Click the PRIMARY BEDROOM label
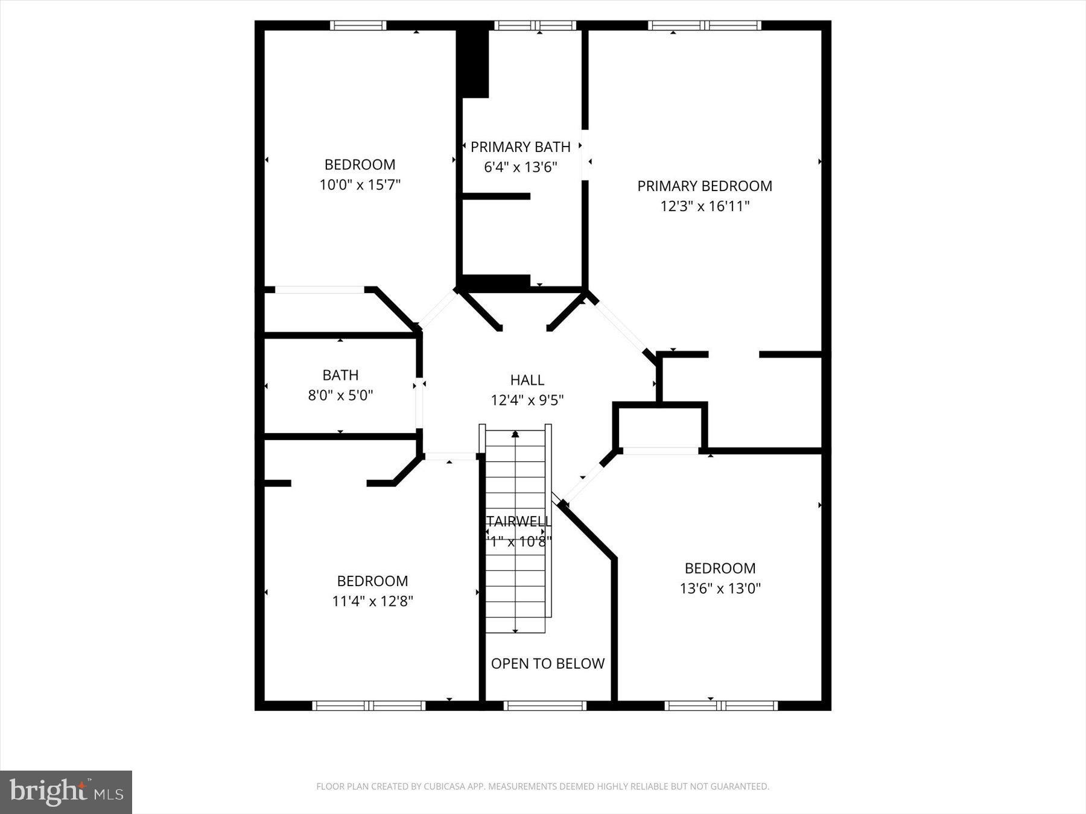tap(704, 186)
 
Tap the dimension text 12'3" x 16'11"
tap(704, 206)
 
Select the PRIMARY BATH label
tap(520, 147)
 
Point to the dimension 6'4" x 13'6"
tap(520, 167)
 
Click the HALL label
tap(527, 380)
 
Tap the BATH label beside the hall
tap(340, 375)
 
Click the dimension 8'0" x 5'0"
tap(340, 396)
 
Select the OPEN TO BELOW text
tap(547, 663)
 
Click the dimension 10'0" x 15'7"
tap(360, 185)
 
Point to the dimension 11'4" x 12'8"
tap(372, 601)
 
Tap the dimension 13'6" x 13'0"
tap(720, 588)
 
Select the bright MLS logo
tap(66, 792)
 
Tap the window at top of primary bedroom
tap(704, 25)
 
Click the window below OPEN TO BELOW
tap(545, 705)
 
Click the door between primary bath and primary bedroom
tap(585, 154)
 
